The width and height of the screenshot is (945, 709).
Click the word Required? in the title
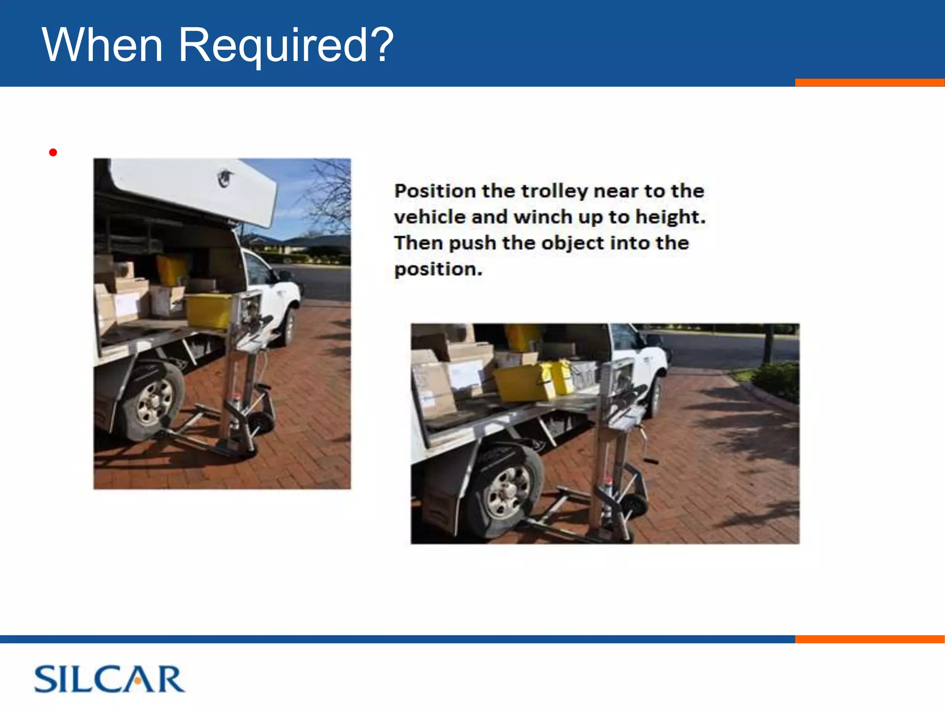tap(286, 46)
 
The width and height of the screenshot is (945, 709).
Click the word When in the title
tap(102, 45)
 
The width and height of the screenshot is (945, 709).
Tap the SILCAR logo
tap(109, 679)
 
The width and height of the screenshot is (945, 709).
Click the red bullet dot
tap(53, 152)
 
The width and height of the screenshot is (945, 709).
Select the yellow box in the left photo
tap(209, 310)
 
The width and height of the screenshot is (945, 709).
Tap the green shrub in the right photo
tap(778, 379)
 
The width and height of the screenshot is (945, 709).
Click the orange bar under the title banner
tap(869, 83)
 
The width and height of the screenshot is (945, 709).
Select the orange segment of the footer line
tap(869, 639)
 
